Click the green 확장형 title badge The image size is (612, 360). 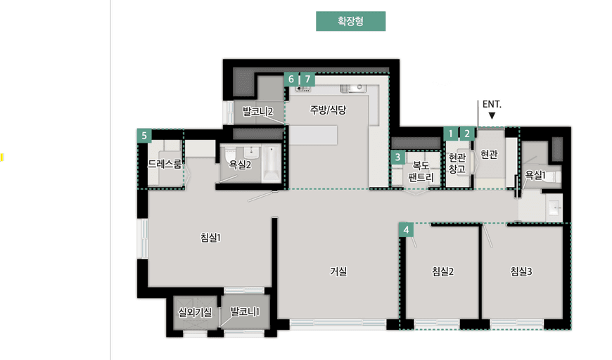click(350, 22)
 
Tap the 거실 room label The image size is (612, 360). click(338, 271)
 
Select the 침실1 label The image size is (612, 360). click(210, 238)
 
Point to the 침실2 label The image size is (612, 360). click(442, 271)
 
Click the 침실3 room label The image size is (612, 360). click(521, 271)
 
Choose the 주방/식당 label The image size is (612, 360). click(328, 110)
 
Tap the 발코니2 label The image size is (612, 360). click(257, 111)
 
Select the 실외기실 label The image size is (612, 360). click(195, 312)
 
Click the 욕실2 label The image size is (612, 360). click(240, 165)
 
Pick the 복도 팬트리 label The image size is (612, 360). click(422, 171)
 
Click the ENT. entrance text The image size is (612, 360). click(492, 104)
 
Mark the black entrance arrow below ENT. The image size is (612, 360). click(492, 115)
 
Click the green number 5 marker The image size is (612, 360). click(144, 136)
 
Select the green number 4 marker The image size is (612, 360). click(406, 229)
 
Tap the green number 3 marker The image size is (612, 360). click(397, 157)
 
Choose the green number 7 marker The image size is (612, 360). click(308, 79)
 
